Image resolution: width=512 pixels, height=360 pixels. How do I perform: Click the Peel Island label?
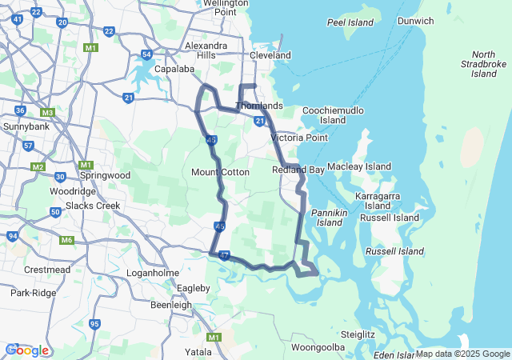point(350,22)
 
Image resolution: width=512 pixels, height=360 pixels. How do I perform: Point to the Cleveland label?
point(270,55)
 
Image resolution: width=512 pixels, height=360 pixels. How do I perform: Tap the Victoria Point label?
point(299,138)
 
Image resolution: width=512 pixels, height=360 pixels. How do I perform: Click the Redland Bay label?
point(298,170)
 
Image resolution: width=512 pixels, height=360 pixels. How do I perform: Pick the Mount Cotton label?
point(220,172)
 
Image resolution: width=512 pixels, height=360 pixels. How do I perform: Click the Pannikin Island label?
point(329,218)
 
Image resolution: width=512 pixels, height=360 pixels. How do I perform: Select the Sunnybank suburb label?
point(26,126)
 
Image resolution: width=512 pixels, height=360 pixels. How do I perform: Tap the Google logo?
point(27,350)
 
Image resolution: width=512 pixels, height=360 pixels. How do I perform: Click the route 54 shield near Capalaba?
point(146,54)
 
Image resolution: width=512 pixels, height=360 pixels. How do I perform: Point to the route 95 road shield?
point(95,324)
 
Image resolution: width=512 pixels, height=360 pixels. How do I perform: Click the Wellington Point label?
point(219,8)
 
